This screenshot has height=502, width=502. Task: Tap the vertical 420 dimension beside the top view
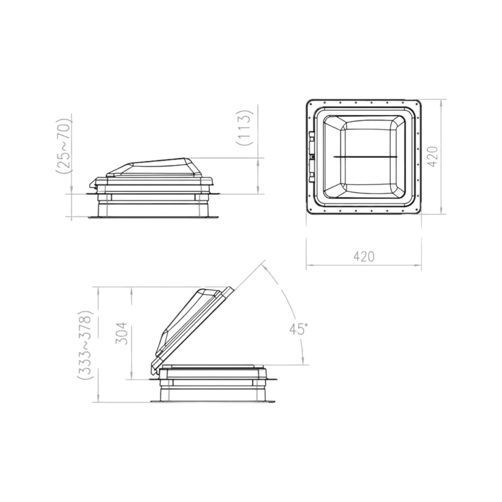click(433, 156)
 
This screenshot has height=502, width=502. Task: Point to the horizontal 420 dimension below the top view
click(364, 256)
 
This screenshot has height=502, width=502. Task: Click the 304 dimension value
click(121, 333)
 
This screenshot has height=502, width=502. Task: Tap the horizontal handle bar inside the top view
click(365, 157)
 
